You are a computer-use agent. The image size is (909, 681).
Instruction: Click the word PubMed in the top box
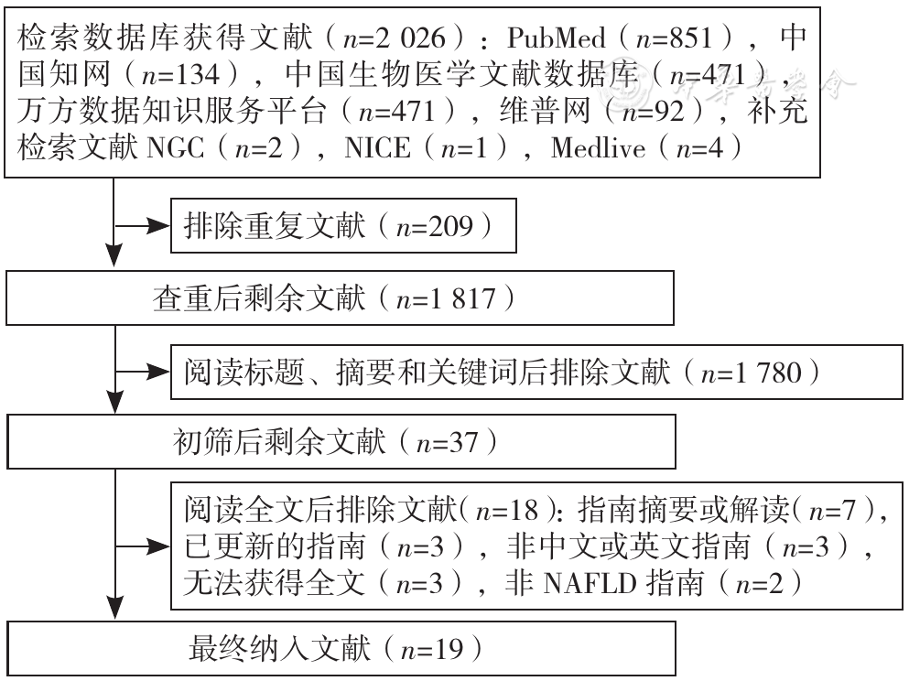tap(556, 38)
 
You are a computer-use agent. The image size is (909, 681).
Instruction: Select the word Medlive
tap(598, 147)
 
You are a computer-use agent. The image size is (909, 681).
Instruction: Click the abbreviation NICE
tap(377, 147)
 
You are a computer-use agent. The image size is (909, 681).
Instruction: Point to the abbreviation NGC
tap(176, 147)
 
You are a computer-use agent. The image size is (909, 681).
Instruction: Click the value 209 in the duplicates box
tap(451, 226)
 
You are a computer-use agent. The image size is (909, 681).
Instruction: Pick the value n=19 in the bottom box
tap(432, 650)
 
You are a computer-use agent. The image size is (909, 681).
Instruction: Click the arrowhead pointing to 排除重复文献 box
tap(158, 226)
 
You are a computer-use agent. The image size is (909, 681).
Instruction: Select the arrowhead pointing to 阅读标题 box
tap(158, 373)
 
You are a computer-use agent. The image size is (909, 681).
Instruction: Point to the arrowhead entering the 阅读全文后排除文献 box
tap(158, 546)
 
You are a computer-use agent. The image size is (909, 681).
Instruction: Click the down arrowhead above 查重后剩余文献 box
tap(114, 255)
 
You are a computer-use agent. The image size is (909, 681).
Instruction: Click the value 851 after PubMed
tap(690, 38)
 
